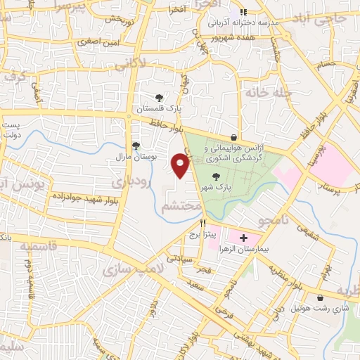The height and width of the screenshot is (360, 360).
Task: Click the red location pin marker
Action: click(x=181, y=165)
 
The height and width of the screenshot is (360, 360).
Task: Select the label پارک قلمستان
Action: click(x=159, y=110)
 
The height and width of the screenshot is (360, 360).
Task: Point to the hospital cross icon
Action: click(x=244, y=239)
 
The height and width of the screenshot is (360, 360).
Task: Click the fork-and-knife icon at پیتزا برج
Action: click(x=203, y=222)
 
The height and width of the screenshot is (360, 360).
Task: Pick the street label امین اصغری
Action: click(x=98, y=42)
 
